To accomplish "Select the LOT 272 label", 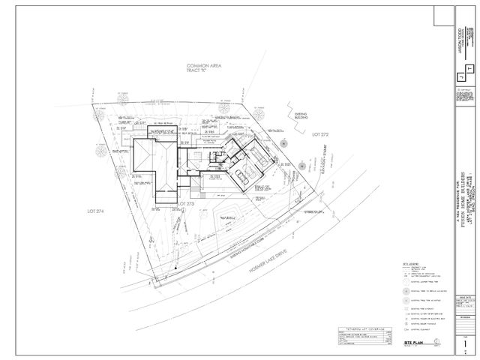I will coord(321,133).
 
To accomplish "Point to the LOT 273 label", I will coord(185,205).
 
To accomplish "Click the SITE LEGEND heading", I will coord(409,264).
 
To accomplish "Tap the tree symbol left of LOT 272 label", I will coord(298,163).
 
